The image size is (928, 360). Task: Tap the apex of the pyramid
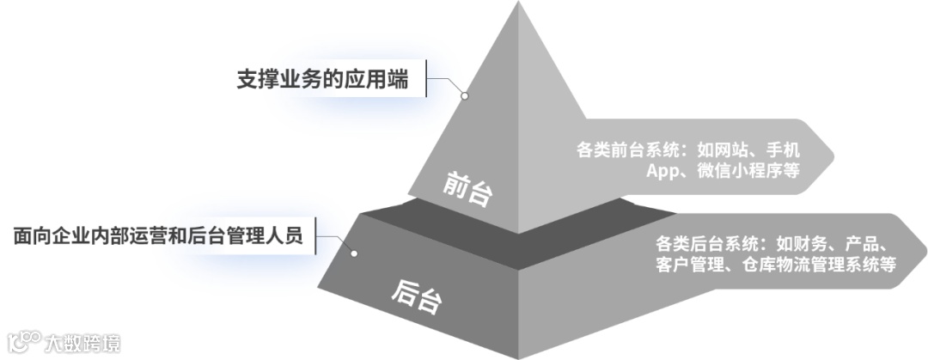pos(519,3)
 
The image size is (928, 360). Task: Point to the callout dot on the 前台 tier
pos(465,96)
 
